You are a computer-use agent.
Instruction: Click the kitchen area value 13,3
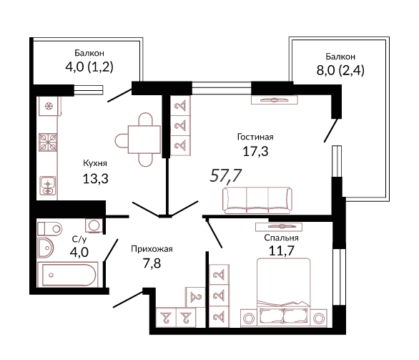(95, 178)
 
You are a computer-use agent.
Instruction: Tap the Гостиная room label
(255, 137)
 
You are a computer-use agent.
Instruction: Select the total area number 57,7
(226, 176)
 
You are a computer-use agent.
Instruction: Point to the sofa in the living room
(257, 200)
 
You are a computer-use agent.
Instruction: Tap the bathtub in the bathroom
(67, 275)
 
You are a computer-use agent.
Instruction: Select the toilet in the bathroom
(50, 229)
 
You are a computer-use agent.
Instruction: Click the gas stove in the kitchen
(48, 142)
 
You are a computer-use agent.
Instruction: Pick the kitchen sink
(48, 185)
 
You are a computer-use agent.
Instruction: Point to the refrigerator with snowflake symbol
(49, 106)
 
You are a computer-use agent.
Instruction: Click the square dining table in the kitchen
(144, 140)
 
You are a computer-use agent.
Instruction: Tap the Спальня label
(281, 238)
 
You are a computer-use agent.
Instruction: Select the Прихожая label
(152, 249)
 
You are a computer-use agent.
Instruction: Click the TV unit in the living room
(275, 99)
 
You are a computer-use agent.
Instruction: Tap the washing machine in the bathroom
(94, 225)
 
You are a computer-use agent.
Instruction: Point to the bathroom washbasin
(46, 248)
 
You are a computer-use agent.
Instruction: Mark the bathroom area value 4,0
(79, 252)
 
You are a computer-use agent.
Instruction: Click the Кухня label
(95, 163)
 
